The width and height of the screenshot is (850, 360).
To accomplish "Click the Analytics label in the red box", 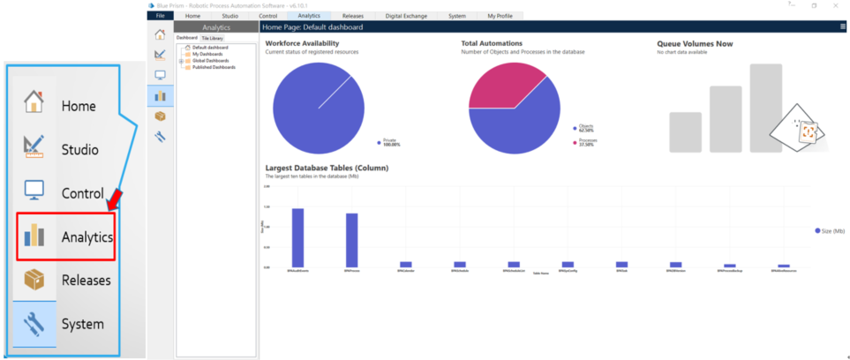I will pyautogui.click(x=87, y=236).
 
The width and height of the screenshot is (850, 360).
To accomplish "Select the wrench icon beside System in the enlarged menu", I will pyautogui.click(x=34, y=324).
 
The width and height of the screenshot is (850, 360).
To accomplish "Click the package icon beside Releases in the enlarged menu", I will pyautogui.click(x=34, y=280).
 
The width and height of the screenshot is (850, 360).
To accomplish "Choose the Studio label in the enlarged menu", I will pyautogui.click(x=80, y=149).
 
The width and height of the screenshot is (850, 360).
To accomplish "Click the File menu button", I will pyautogui.click(x=160, y=16).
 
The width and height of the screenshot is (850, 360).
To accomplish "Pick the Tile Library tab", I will pyautogui.click(x=212, y=38).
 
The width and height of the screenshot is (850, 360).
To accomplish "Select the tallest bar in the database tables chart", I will pyautogui.click(x=297, y=236).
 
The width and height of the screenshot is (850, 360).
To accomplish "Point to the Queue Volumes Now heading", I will pyautogui.click(x=695, y=43).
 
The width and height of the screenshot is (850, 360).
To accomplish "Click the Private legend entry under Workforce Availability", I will pyautogui.click(x=390, y=142).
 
